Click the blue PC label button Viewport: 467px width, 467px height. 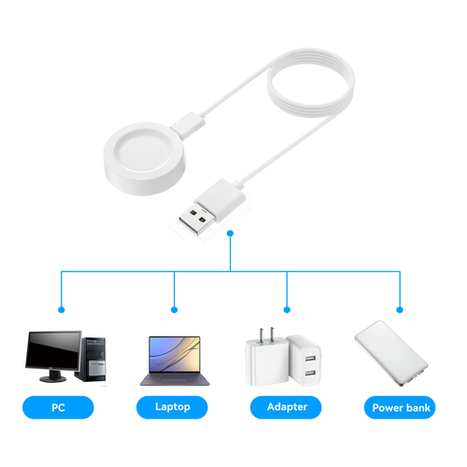click(58, 407)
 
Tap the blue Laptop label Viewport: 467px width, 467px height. click(172, 407)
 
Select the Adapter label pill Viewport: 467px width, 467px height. click(286, 407)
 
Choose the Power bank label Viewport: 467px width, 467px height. click(400, 407)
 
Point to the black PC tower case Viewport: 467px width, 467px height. click(92, 360)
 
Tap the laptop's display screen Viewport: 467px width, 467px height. click(175, 354)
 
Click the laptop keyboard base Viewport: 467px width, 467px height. click(175, 379)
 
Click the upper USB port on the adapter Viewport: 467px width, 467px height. click(310, 358)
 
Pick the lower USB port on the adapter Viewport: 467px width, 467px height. click(310, 373)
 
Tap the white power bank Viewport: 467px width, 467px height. click(391, 353)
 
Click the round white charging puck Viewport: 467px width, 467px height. click(145, 159)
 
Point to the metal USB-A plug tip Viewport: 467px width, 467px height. click(197, 219)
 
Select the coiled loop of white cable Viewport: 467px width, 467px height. click(311, 82)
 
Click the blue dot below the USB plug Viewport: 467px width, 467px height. click(231, 233)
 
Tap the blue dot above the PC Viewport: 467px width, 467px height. click(62, 310)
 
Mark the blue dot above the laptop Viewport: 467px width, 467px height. click(175, 310)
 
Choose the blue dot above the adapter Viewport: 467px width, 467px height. click(287, 310)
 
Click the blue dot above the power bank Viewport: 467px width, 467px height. click(400, 310)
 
